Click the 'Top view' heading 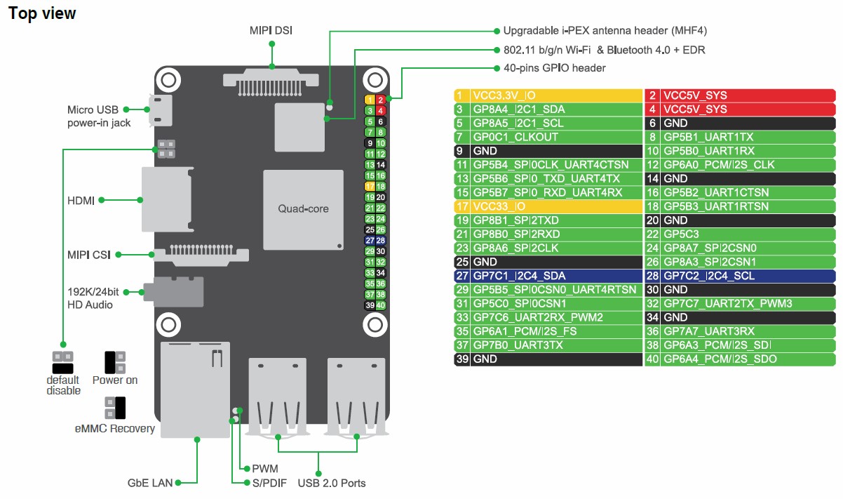[42, 13]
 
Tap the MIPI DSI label [271, 30]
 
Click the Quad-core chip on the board [304, 210]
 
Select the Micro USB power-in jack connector [161, 110]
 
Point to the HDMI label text [81, 200]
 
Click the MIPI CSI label [89, 255]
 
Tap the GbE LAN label [150, 483]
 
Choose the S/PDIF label [269, 483]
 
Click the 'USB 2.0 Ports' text [332, 483]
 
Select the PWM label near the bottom [265, 469]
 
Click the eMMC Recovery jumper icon [115, 408]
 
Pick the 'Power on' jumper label [115, 380]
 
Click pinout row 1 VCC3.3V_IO [548, 95]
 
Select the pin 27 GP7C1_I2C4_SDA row [548, 276]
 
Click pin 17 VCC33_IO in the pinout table [548, 207]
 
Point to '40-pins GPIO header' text [555, 68]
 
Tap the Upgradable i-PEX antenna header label [605, 30]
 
